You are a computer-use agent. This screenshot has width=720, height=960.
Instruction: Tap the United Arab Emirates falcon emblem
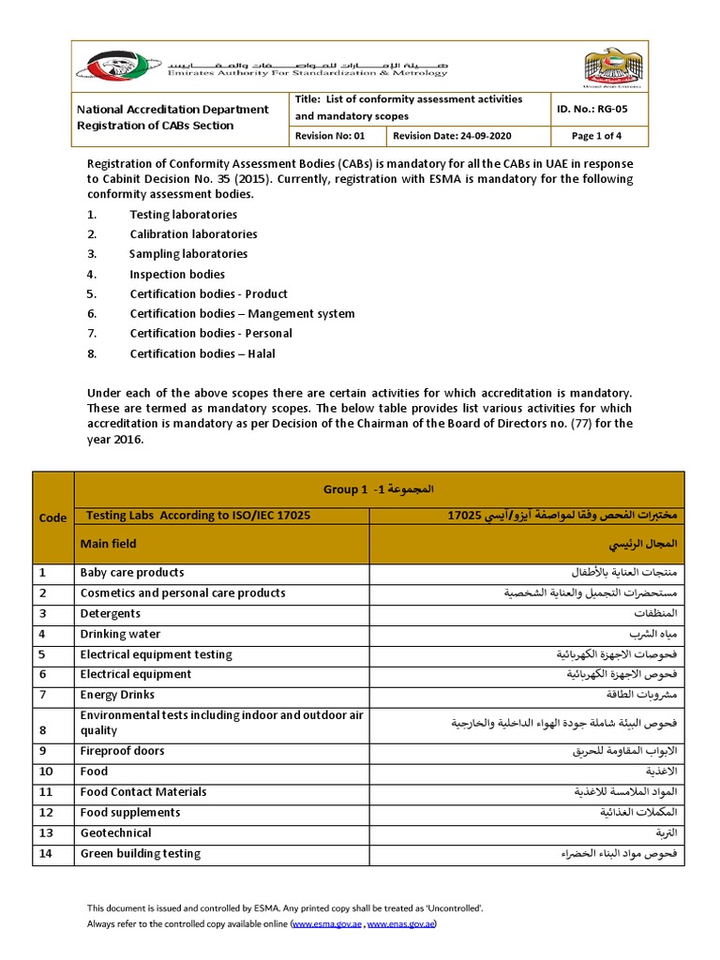(x=614, y=67)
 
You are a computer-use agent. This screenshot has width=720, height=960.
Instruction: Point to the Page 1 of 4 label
(x=596, y=136)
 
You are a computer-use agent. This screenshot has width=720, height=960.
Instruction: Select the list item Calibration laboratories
(x=193, y=234)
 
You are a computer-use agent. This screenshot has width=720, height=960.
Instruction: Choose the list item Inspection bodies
(x=177, y=275)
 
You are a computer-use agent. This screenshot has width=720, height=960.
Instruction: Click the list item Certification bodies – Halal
(x=202, y=353)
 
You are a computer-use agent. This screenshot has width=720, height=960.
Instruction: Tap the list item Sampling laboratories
(x=188, y=254)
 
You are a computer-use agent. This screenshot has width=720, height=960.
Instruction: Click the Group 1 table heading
(x=379, y=489)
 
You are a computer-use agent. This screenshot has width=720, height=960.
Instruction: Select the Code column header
(x=52, y=517)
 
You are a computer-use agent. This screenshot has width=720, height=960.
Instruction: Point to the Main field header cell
(x=109, y=544)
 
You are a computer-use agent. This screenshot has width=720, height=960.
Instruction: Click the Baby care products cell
(x=132, y=573)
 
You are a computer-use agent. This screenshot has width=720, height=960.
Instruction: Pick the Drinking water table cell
(x=120, y=635)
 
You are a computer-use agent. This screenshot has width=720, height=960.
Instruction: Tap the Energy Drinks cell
(x=117, y=696)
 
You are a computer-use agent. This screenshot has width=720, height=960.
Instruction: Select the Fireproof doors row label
(x=122, y=751)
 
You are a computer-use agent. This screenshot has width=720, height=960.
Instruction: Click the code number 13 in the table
(x=43, y=833)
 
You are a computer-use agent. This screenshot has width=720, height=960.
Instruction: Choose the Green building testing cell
(x=140, y=854)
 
